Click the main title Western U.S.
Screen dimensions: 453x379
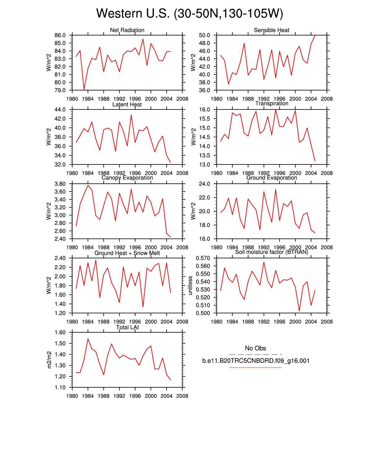[189, 14]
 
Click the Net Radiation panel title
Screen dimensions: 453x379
[127, 30]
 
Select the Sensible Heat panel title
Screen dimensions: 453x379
[272, 30]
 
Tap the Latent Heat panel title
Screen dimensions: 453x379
[127, 104]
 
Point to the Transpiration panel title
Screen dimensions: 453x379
[272, 104]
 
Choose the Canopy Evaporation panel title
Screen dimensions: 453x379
[127, 178]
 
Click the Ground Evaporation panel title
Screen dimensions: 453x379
[272, 178]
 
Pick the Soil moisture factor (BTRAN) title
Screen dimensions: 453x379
[272, 252]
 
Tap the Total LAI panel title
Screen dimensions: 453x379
[127, 328]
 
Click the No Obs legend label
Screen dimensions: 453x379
[255, 348]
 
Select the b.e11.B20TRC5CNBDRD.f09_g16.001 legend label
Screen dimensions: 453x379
[256, 361]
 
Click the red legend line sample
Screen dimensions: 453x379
[255, 367]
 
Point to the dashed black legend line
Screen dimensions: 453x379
[255, 354]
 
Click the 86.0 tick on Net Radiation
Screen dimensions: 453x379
[60, 35]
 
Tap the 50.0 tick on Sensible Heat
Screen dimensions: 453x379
[204, 35]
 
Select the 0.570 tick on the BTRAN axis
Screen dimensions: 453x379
[203, 258]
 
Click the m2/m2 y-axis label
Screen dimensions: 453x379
[49, 360]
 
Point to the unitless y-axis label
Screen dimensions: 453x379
[190, 286]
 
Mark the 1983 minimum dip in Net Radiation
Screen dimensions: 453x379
[84, 89]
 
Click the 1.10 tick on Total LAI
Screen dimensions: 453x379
[60, 387]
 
